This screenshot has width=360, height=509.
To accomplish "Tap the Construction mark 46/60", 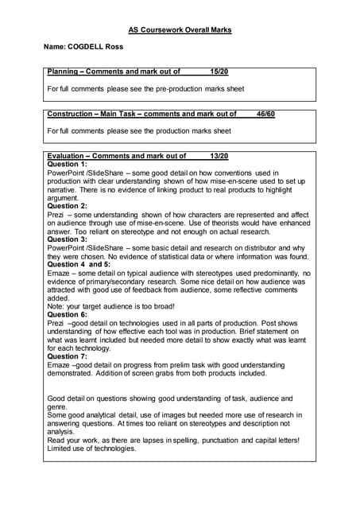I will click(265, 114).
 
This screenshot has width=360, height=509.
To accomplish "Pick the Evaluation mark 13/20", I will click(219, 156).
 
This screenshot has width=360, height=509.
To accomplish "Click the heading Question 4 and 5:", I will click(79, 264).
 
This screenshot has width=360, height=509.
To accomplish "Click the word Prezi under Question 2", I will click(56, 214).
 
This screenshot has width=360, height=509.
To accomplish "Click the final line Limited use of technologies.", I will click(91, 448).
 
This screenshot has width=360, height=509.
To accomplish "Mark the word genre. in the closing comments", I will click(57, 406).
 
